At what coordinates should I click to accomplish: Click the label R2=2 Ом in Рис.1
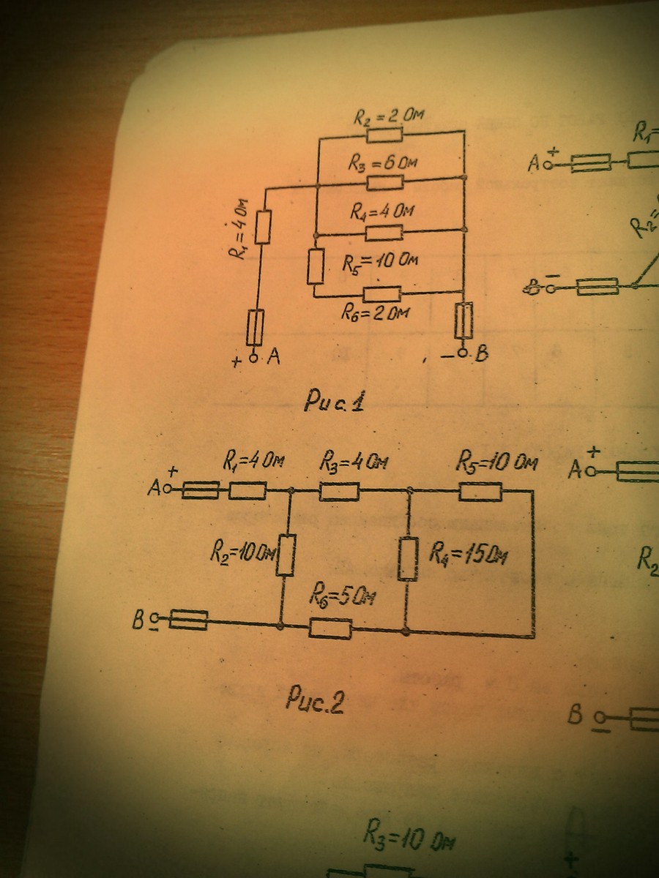point(388,116)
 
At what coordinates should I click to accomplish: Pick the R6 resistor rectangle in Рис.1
point(383,293)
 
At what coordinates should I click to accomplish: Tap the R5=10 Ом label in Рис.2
point(497,462)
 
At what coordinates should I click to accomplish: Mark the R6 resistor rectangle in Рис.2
point(330,627)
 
